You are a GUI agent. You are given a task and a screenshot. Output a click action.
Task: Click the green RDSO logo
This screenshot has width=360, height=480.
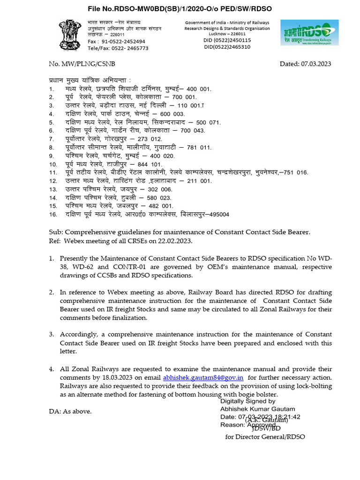(309, 33)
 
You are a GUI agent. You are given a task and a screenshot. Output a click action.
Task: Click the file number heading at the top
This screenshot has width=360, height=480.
(180, 8)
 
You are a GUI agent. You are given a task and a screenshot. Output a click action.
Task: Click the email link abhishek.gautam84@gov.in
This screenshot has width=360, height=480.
(203, 377)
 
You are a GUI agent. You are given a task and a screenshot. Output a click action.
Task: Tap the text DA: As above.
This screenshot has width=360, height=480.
(70, 411)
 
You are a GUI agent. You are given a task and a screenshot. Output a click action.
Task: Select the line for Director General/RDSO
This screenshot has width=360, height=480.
(265, 436)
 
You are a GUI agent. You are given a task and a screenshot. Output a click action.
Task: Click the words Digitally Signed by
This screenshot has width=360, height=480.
(248, 401)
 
